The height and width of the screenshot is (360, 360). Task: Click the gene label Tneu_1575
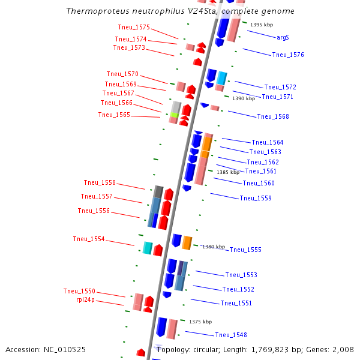[x=134, y=28]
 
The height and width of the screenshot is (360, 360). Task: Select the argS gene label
[x=283, y=37]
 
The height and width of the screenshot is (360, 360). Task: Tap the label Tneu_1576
[x=288, y=55]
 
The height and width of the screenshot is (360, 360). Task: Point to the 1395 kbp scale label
[x=261, y=25]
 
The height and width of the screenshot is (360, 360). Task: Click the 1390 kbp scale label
[x=244, y=98]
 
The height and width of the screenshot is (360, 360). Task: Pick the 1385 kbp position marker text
[x=228, y=172]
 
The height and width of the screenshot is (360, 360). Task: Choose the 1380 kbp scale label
[x=213, y=247]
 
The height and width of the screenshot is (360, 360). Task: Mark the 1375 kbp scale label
[x=200, y=322]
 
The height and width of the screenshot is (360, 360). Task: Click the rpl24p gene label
[x=85, y=299]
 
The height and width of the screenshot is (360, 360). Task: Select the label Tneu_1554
[x=89, y=239]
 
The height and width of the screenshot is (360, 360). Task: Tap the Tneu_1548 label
[x=231, y=335]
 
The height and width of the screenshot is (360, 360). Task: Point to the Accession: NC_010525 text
[x=46, y=349]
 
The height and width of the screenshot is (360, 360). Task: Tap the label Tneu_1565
[x=114, y=115]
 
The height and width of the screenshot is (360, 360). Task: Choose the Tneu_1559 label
[x=256, y=198]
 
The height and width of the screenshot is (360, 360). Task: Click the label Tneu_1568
[x=273, y=116]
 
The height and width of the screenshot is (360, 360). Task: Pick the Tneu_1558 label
[x=100, y=183]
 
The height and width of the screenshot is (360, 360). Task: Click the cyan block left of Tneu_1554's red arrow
[x=148, y=247]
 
